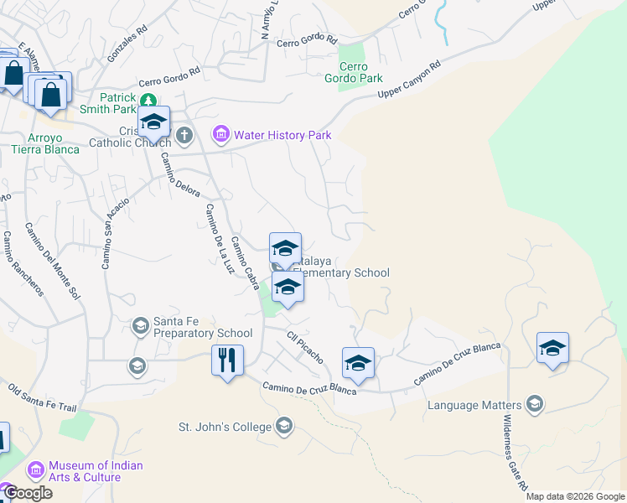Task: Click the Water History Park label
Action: [x=282, y=135]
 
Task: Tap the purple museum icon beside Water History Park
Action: [x=221, y=134]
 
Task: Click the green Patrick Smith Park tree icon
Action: [x=148, y=98]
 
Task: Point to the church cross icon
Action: [x=184, y=134]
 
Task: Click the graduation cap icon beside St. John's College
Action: [x=284, y=426]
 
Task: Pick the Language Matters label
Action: [x=474, y=405]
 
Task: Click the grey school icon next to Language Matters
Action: [x=534, y=405]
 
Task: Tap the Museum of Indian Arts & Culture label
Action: [x=96, y=471]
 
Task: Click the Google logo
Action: [x=27, y=493]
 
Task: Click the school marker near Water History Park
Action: [x=154, y=123]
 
